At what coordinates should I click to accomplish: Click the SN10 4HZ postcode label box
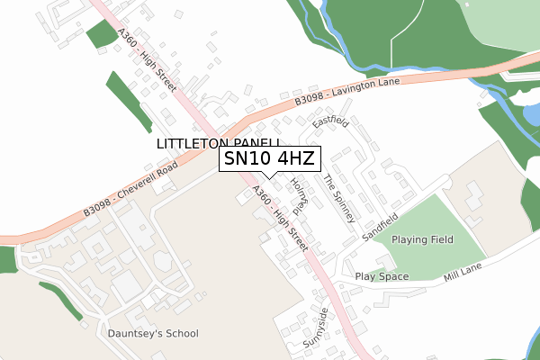(x=268, y=160)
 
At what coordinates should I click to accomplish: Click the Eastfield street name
(x=329, y=121)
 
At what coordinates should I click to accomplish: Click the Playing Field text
(x=422, y=240)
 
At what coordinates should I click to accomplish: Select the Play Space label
(x=382, y=276)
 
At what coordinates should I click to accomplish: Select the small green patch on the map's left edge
(x=7, y=259)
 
